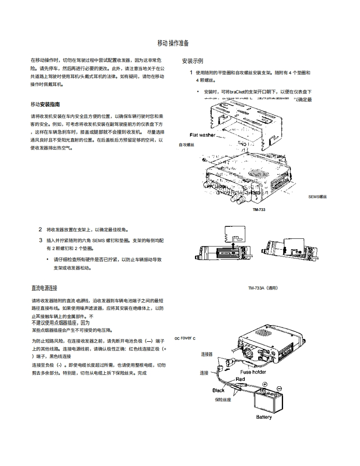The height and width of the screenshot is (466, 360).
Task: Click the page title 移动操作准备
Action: [x=173, y=43]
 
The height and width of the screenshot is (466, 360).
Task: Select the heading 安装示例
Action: [x=192, y=61]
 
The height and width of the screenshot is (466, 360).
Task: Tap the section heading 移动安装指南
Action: [x=48, y=104]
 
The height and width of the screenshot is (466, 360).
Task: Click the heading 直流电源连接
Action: [x=44, y=288]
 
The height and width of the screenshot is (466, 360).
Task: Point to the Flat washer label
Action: [x=202, y=135]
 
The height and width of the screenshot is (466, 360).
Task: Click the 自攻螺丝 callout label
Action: [x=186, y=145]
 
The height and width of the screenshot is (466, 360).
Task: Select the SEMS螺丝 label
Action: [x=318, y=197]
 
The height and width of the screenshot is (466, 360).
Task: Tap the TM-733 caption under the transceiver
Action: [x=259, y=210]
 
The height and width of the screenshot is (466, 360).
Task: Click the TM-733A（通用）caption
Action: [x=263, y=288]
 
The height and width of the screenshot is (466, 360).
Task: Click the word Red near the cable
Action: [x=240, y=379]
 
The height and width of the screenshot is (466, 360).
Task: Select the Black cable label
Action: [x=218, y=390]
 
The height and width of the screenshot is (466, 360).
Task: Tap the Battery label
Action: [x=264, y=417]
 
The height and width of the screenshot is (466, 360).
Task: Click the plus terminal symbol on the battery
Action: [x=265, y=384]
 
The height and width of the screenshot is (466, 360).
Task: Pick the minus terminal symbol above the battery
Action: [x=279, y=388]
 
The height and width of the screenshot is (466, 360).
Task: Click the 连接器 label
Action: [x=207, y=354]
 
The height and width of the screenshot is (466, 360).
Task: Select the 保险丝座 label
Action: [x=223, y=400]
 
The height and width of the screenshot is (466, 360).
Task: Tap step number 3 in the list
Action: [x=41, y=240]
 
